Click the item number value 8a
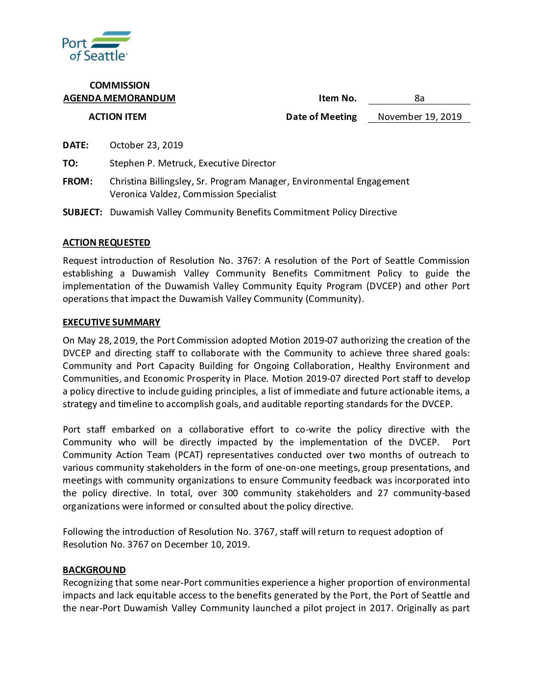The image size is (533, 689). point(419,98)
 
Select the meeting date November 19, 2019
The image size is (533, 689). point(419,117)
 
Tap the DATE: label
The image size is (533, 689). point(75,145)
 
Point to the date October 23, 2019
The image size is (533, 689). point(146,145)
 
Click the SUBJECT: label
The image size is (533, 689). point(82,212)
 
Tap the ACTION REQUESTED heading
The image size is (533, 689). point(106,243)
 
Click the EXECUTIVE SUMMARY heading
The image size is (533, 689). point(111,322)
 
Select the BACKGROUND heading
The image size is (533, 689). point(94,570)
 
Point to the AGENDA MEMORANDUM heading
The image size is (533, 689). point(119,98)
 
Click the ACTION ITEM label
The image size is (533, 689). point(118,117)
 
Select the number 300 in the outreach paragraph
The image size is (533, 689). point(230,493)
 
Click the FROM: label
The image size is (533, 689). point(77,182)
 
